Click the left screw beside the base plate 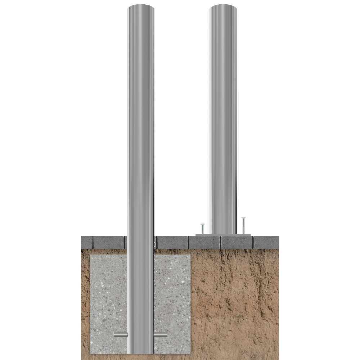(x=203, y=228)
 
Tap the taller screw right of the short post (x=244, y=225)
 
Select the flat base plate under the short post (x=223, y=235)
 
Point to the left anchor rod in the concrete (x=120, y=335)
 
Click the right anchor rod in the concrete (x=161, y=335)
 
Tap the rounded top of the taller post (x=141, y=8)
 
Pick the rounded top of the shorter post (x=223, y=8)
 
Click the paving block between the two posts (x=172, y=242)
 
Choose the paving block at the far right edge (x=266, y=242)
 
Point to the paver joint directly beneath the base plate (x=220, y=243)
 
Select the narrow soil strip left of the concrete (x=85, y=302)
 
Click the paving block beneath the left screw (x=204, y=242)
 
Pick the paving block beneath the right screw (x=237, y=242)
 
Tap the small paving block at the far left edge (x=87, y=242)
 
